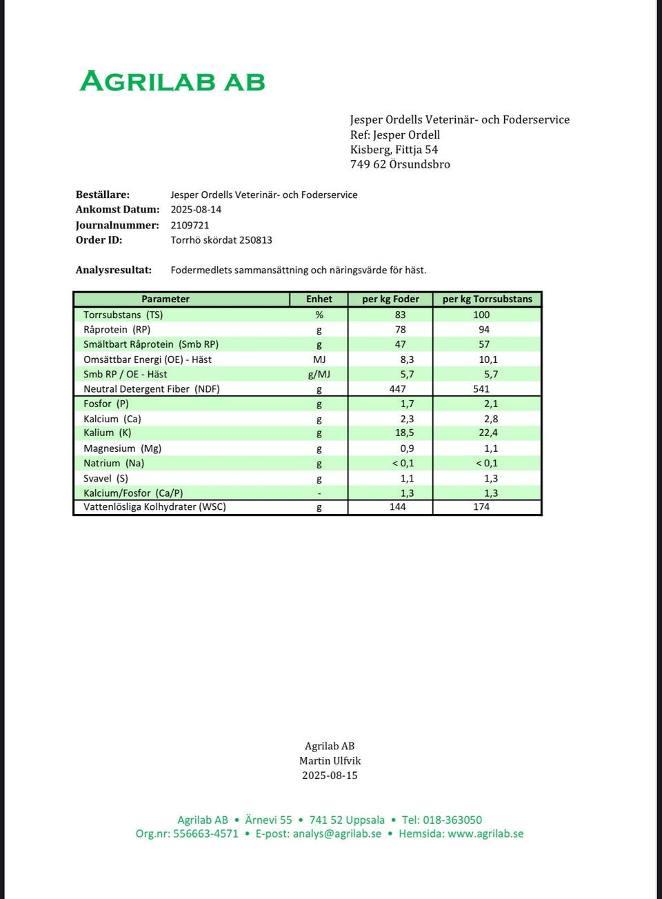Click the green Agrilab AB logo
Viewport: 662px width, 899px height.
[x=172, y=81]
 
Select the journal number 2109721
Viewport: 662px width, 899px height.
[x=190, y=225]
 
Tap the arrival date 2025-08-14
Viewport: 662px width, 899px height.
[x=196, y=210]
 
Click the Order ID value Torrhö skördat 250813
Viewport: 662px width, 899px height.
[x=221, y=240]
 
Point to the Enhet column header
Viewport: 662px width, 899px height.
[x=319, y=299]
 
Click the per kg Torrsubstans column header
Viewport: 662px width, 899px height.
[x=487, y=299]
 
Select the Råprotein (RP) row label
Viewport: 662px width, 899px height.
[x=117, y=330]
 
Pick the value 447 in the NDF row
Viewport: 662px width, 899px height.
[x=398, y=389]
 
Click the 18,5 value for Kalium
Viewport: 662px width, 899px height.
[x=405, y=433]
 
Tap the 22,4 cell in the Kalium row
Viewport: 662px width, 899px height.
[x=488, y=433]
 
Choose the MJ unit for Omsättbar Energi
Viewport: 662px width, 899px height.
[x=319, y=359]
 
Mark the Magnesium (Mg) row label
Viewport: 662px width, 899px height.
[x=122, y=448]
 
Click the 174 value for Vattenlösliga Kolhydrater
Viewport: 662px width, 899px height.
[x=481, y=507]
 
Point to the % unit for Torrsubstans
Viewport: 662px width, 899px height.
[x=319, y=315]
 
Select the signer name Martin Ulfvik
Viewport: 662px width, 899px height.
[x=330, y=760]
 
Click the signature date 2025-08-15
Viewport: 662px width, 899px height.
[x=330, y=775]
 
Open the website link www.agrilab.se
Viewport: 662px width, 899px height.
[x=485, y=833]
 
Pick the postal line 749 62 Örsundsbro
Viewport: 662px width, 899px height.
[x=400, y=164]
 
